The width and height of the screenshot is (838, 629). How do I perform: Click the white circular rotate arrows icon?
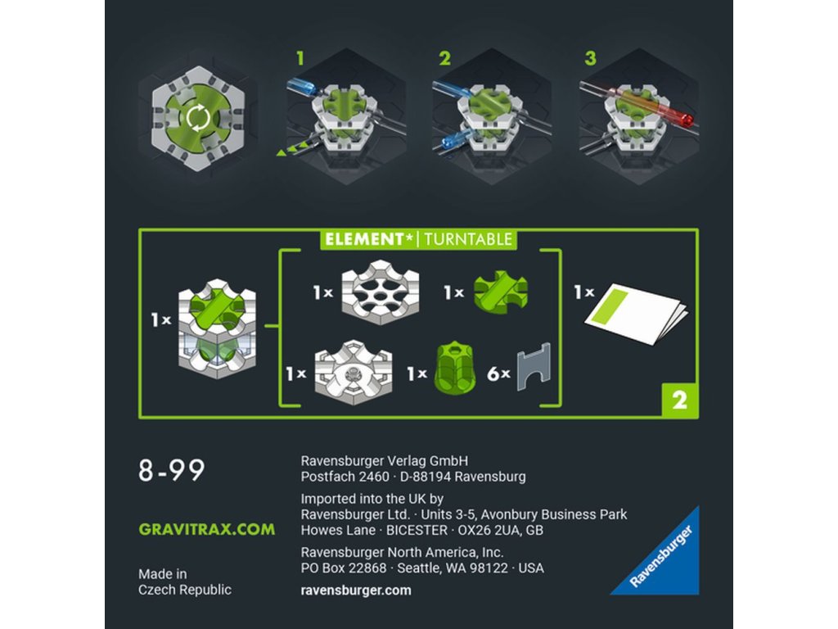(x=198, y=117)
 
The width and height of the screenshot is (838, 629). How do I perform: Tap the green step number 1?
(x=300, y=58)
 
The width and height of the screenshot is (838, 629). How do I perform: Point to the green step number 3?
(x=591, y=58)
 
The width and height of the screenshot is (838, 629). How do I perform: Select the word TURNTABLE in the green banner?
(x=468, y=239)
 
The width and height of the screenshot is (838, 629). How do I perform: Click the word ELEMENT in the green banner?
(x=364, y=239)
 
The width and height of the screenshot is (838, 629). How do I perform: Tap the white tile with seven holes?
(x=380, y=292)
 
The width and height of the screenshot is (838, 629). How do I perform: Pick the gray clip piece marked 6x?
(x=534, y=366)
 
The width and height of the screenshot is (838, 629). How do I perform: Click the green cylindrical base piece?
(x=455, y=368)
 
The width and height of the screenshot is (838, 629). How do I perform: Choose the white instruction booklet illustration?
(x=636, y=314)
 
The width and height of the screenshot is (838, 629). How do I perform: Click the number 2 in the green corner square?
(x=679, y=400)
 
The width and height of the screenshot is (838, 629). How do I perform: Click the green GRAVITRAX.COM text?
(x=207, y=530)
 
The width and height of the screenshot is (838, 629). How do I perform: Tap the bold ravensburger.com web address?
(x=356, y=591)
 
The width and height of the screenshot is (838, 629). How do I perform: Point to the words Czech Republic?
(x=185, y=590)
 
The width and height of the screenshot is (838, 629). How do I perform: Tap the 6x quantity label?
(x=498, y=373)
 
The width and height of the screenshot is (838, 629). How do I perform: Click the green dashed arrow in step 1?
(x=292, y=148)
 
